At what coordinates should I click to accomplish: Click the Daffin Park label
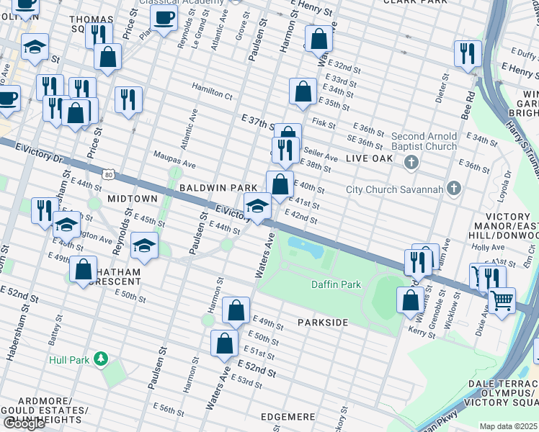[x=336, y=284]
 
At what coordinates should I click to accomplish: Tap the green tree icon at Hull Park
[x=102, y=359]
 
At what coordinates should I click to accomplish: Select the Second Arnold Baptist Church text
[x=424, y=141]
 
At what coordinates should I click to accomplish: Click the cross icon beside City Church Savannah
[x=453, y=189]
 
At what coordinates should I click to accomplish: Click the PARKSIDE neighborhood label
[x=321, y=323]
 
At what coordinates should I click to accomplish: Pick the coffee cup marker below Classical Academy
[x=164, y=19]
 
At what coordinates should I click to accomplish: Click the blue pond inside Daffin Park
[x=306, y=248]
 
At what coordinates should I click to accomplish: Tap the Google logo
[x=24, y=423]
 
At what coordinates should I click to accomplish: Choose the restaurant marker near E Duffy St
[x=468, y=53]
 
